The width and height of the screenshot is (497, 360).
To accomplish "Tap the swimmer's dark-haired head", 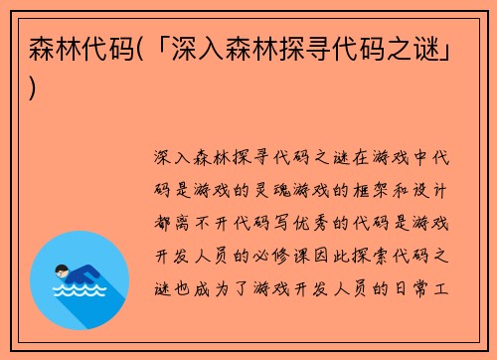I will pos(62,269).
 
